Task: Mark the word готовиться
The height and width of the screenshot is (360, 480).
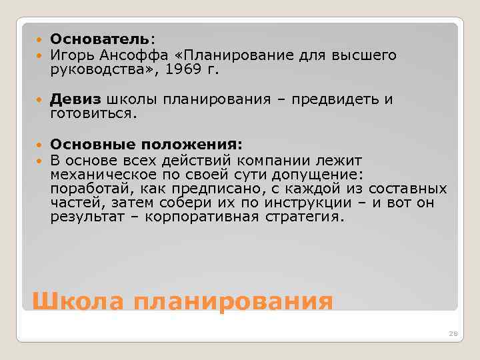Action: pyautogui.click(x=93, y=114)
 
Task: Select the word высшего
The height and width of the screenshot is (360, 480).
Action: pyautogui.click(x=363, y=55)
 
